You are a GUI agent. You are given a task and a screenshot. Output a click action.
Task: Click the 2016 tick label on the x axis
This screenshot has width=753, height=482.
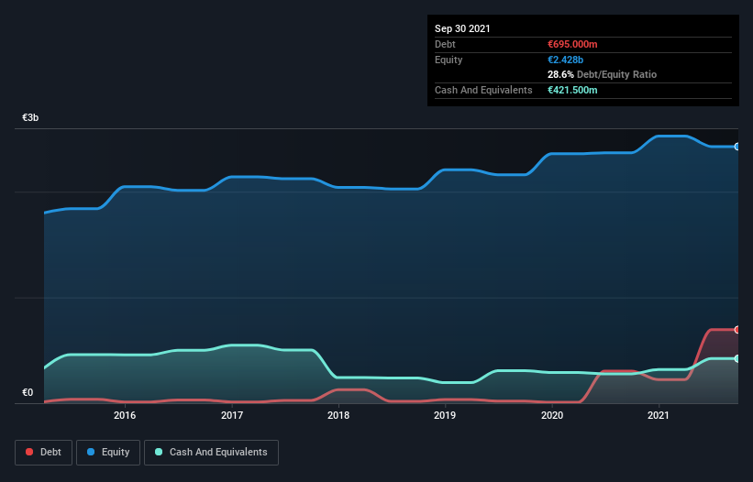click(125, 415)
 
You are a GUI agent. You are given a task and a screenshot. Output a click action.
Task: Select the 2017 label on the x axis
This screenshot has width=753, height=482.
click(232, 415)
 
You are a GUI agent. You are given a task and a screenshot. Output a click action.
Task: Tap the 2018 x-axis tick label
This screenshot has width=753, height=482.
click(338, 415)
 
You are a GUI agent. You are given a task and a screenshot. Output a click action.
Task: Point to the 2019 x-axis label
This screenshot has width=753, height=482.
click(445, 415)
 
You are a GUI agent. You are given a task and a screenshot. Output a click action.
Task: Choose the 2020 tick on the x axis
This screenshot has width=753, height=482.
click(552, 415)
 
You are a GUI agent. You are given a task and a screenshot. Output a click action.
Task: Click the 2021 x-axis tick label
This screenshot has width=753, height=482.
click(659, 415)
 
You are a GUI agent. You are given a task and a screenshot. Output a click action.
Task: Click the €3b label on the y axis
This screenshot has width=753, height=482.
click(31, 118)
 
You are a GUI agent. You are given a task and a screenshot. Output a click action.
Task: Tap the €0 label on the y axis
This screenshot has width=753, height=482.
click(28, 393)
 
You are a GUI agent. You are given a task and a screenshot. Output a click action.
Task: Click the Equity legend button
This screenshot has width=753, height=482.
click(109, 452)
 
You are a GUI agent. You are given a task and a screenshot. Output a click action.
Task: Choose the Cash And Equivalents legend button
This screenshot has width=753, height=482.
click(211, 452)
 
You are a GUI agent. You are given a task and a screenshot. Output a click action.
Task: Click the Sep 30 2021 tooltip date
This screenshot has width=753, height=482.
click(462, 28)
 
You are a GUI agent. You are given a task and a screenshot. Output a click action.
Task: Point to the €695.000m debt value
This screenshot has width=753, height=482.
click(572, 44)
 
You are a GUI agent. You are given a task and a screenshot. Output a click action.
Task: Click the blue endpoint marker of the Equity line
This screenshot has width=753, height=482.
click(736, 147)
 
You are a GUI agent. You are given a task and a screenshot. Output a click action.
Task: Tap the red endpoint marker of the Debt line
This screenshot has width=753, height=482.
click(736, 329)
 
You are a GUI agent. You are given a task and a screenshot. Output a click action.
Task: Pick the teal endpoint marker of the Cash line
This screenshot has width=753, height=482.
click(736, 358)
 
